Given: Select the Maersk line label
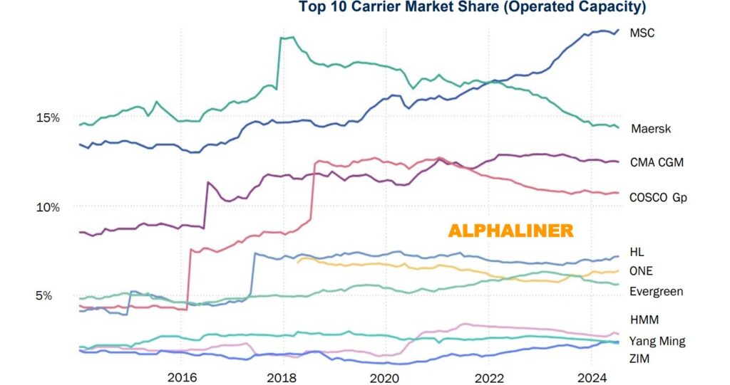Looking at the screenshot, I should [651, 129].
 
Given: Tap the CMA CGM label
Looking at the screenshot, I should [657, 162].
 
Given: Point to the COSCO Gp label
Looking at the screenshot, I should [658, 197].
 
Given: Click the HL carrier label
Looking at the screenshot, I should [637, 252].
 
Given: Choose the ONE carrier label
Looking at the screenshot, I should [641, 271].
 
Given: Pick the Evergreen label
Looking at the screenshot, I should [657, 292].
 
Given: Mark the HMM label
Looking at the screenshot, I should [644, 320].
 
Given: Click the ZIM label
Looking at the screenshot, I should [640, 359].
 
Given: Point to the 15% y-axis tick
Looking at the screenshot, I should [48, 117].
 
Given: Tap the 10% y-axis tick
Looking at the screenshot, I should [48, 206].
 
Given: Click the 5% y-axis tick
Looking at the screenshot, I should [44, 295].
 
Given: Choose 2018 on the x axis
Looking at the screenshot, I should [284, 377].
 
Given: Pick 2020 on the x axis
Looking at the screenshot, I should [386, 377].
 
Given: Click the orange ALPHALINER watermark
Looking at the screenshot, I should [510, 231].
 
